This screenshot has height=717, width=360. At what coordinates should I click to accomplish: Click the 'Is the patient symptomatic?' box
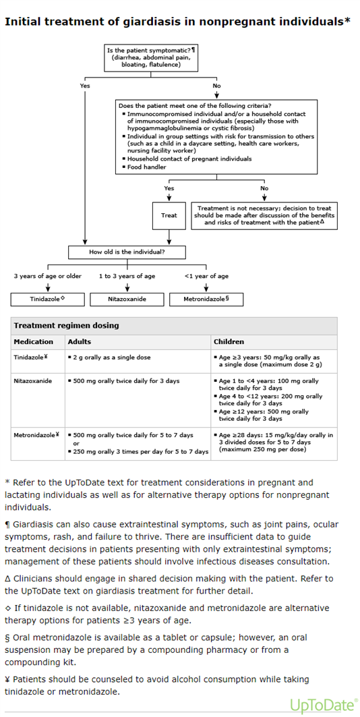pyautogui.click(x=151, y=57)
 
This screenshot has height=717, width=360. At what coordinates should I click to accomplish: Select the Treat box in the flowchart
pyautogui.click(x=169, y=215)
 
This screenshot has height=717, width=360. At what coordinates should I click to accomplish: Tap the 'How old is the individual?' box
pyautogui.click(x=127, y=252)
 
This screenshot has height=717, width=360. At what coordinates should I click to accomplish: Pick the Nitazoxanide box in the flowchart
pyautogui.click(x=127, y=299)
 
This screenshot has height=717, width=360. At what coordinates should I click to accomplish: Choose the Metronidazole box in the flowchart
pyautogui.click(x=206, y=299)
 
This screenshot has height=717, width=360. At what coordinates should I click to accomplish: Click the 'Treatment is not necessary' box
pyautogui.click(x=264, y=215)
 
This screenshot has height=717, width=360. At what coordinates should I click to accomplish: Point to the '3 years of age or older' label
pyautogui.click(x=48, y=276)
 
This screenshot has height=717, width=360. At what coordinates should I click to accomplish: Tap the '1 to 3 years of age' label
pyautogui.click(x=127, y=276)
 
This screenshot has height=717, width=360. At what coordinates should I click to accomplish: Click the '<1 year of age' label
pyautogui.click(x=206, y=276)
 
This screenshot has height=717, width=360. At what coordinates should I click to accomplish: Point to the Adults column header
pyautogui.click(x=79, y=341)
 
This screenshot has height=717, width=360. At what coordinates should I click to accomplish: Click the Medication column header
pyautogui.click(x=33, y=341)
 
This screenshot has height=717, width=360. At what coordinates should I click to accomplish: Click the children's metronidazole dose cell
pyautogui.click(x=273, y=442)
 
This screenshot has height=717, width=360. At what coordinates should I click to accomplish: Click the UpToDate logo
pyautogui.click(x=324, y=704)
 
